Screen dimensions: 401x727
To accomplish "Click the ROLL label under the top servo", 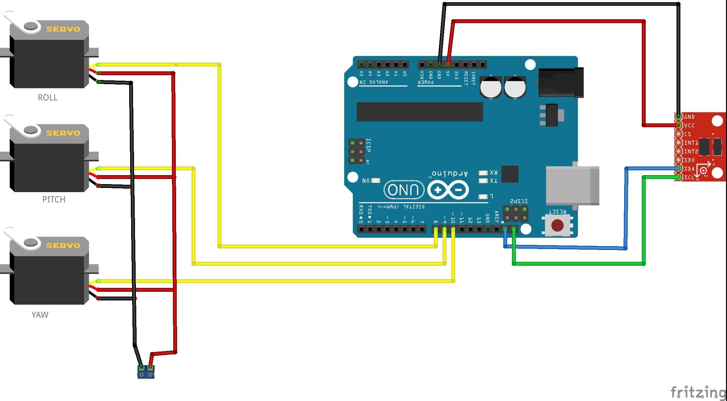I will point(48,97).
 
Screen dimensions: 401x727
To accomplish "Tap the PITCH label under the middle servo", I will point(54,200).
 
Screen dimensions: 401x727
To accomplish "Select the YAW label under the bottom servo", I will point(40,315).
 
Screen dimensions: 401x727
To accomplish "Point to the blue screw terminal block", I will point(146,372).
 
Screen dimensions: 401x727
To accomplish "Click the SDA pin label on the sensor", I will point(689,169).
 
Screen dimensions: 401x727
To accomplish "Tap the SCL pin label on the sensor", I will point(689,177).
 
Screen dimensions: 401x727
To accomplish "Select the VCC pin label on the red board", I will point(689,126).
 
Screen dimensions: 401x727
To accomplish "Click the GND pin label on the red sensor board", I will point(689,117).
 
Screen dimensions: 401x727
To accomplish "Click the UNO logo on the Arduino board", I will point(403,190).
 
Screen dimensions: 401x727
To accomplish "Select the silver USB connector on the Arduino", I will point(572,185).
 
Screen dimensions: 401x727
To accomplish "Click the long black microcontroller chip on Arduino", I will point(419,112).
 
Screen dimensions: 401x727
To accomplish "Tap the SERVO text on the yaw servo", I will point(63,246).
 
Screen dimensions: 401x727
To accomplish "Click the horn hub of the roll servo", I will point(31,26).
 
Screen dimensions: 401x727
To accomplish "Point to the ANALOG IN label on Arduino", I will point(373,83).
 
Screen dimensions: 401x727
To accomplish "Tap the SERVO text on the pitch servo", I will point(63,133).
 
